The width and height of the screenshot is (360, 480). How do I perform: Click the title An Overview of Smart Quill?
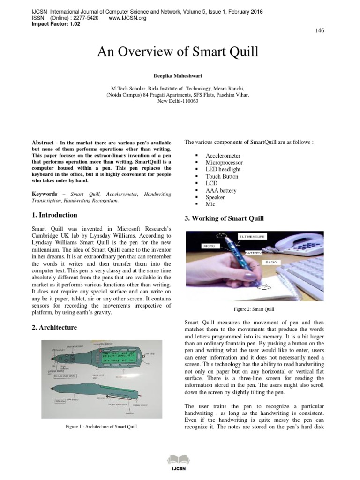pos(178,52)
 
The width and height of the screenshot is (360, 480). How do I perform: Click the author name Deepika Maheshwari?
pos(178,75)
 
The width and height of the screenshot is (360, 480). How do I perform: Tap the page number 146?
pos(320,30)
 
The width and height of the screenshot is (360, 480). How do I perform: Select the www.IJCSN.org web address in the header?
pos(127,18)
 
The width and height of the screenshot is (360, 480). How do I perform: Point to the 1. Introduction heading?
pos(54,215)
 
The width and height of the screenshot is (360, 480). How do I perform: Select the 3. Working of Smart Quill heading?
pos(224,218)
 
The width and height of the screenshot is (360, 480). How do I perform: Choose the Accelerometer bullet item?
pos(223,156)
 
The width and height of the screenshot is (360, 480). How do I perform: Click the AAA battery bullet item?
pos(221,191)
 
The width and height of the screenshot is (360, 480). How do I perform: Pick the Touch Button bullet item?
pos(222,177)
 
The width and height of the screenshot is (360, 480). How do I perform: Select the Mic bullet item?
pos(210,205)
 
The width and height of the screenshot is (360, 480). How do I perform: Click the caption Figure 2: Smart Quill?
pos(254,309)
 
